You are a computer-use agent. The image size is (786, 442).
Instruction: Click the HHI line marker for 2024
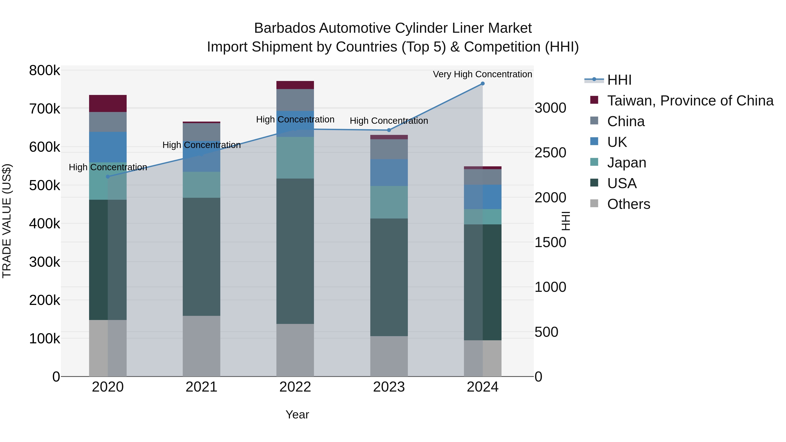(482, 84)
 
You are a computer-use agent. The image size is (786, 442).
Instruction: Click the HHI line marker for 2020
(108, 177)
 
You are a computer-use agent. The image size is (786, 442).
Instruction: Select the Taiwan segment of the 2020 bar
(108, 103)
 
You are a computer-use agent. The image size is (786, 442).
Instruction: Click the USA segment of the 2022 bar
(295, 251)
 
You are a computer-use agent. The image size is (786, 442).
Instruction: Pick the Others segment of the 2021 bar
(201, 346)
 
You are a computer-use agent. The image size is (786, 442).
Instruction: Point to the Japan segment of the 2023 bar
(389, 202)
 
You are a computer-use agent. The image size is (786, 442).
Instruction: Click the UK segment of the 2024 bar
(482, 197)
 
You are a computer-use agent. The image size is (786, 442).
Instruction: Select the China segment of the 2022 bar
(295, 100)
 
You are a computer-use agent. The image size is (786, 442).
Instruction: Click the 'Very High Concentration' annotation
(482, 74)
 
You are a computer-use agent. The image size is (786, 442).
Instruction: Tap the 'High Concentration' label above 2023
(389, 121)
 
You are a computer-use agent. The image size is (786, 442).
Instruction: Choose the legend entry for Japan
(626, 163)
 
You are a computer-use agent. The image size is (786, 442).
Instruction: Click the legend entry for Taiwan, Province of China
(690, 101)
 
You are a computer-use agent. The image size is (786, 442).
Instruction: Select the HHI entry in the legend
(619, 80)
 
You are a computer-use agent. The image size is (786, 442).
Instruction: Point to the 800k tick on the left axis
(45, 71)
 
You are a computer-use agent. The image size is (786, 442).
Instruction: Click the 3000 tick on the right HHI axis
(550, 108)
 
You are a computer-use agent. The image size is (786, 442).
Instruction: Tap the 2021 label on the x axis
(201, 387)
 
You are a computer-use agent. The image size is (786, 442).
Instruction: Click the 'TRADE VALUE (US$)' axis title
(7, 221)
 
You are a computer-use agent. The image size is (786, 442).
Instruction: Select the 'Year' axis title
(297, 414)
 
